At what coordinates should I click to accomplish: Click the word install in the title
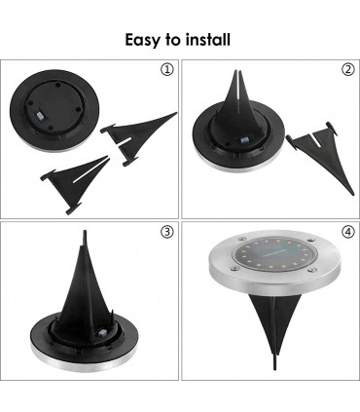(208, 39)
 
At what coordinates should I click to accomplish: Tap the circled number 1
(167, 69)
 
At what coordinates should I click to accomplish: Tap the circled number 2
(348, 69)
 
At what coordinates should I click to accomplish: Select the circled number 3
(167, 232)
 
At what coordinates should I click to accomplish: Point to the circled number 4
(348, 232)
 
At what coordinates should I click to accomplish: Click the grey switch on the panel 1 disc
(40, 116)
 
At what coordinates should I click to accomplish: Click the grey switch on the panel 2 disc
(244, 141)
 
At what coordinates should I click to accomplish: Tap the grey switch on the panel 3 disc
(104, 332)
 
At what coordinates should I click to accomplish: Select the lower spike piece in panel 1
(76, 182)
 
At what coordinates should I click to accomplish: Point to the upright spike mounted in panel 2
(238, 110)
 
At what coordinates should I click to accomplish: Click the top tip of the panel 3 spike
(85, 231)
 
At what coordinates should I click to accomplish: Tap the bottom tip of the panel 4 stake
(275, 369)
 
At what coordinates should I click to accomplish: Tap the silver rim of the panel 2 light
(238, 164)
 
